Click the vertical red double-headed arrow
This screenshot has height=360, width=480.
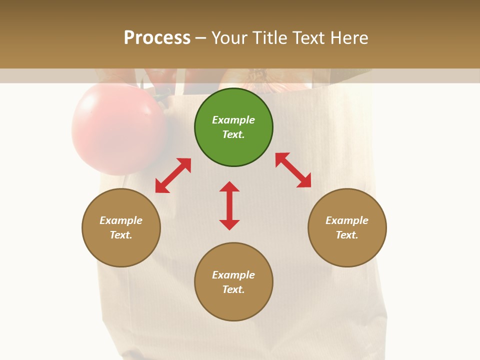229,205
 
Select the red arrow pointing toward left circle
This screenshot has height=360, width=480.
173,175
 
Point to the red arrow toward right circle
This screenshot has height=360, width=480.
293,170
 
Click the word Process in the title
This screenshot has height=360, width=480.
157,38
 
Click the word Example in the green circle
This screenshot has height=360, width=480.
233,120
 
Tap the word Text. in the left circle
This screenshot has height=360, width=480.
121,235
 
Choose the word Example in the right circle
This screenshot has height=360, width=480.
347,220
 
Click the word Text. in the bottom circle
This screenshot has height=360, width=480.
233,289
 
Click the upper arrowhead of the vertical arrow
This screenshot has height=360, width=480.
229,186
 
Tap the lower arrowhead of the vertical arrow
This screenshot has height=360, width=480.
229,224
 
